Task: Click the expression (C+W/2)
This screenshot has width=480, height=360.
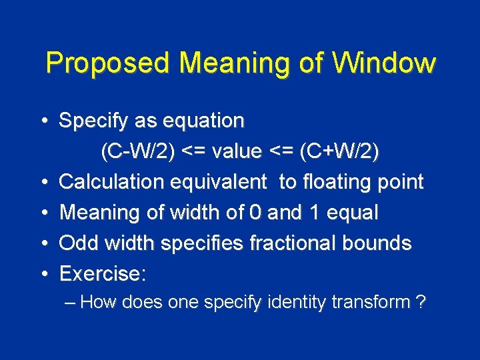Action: coord(339,152)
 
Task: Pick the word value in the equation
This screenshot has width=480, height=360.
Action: coord(237,152)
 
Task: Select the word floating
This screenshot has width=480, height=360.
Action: coord(340,182)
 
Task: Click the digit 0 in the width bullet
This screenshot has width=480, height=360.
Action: coord(255,213)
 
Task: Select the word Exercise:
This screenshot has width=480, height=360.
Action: coord(103,274)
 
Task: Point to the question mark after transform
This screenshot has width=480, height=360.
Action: coord(421,303)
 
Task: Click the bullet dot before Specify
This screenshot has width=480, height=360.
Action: coord(43,122)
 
